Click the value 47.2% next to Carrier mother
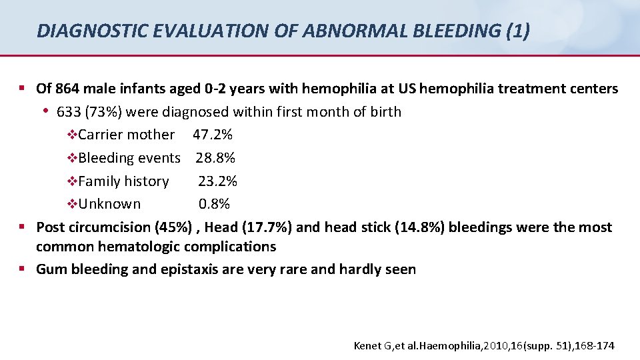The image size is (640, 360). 213,135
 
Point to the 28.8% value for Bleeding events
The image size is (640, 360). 215,158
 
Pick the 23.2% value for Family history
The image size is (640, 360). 217,181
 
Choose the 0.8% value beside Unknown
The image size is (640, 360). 214,204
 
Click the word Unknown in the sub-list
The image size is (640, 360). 109,204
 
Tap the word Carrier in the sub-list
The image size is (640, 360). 101,135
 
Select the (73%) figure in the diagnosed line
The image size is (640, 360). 99,112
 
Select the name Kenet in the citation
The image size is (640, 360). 367,345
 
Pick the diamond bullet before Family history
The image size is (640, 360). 73,181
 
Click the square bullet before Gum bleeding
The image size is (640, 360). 22,269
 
